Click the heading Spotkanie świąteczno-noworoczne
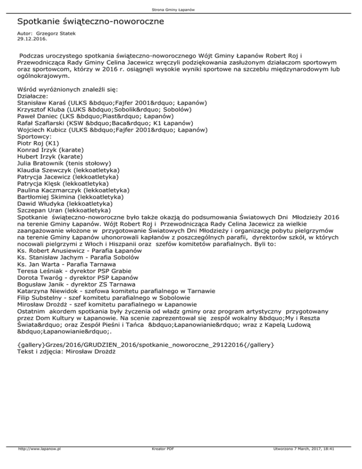pyautogui.click(x=90, y=22)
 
